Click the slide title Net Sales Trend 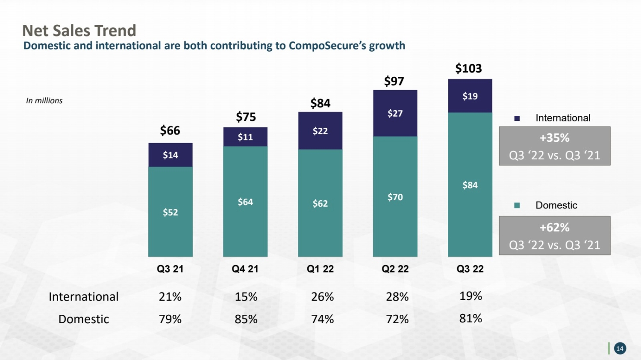79,30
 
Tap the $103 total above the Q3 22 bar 468,68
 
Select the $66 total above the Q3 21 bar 170,130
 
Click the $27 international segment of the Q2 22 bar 395,113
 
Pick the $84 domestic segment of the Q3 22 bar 470,184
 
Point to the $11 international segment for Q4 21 245,137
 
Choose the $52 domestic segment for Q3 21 170,211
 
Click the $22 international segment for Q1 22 320,131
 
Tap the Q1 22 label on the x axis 320,269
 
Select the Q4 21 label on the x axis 245,269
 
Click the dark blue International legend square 517,118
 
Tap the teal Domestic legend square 517,205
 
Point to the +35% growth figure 554,138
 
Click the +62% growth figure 554,228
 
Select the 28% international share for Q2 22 397,297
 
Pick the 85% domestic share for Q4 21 246,319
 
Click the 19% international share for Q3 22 471,296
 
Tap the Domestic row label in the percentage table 84,319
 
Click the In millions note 44,101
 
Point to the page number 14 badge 620,348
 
